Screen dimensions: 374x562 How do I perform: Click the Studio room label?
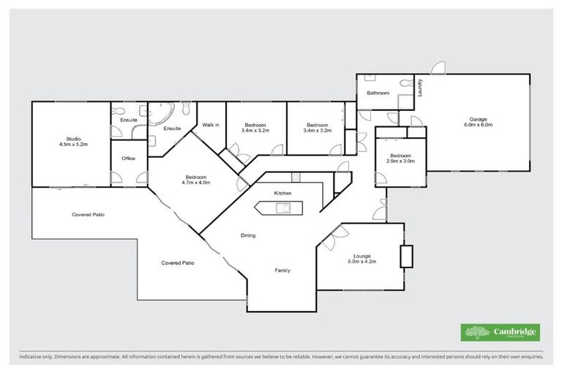73,139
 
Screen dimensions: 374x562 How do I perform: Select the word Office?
128,159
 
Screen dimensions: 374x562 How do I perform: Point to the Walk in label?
211,125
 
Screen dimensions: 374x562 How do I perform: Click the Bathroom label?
378,93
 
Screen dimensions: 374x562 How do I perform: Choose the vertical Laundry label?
420,88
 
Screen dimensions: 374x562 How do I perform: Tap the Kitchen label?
283,193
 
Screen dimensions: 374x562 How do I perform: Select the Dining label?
249,236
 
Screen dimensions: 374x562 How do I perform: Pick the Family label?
282,270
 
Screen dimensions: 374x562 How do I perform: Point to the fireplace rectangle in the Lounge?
406,256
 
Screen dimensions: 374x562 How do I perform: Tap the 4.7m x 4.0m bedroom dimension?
197,183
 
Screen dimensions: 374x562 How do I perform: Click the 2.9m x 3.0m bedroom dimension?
401,161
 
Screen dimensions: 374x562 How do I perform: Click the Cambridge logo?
501,332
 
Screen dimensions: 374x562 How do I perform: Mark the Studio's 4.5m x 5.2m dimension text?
73,145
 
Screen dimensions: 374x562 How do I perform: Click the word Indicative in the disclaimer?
32,357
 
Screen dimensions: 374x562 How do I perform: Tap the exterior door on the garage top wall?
437,69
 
